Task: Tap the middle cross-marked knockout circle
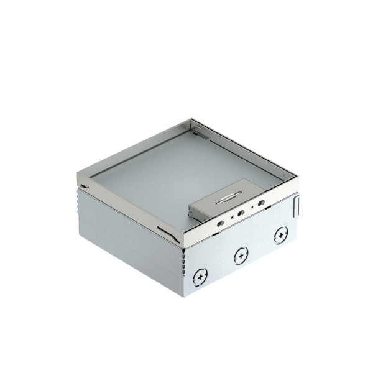coord(240,254)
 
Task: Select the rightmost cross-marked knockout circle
coord(280,234)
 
